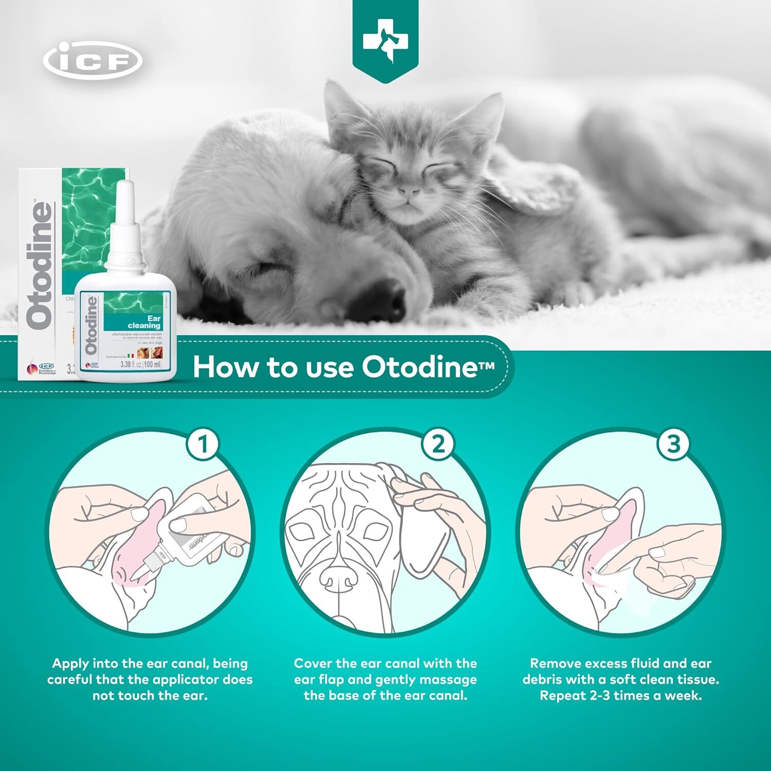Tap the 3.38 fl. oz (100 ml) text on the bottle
point(140,364)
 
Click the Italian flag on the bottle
point(131,355)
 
